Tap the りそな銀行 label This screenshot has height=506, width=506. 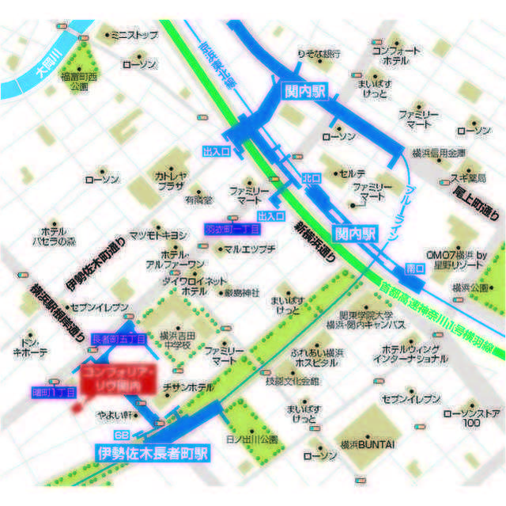pos(318,54)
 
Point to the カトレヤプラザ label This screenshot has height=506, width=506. pos(169,181)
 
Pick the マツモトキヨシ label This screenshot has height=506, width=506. pos(157,235)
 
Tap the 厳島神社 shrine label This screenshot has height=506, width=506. pos(241,292)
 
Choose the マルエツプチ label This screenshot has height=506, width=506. pos(249,249)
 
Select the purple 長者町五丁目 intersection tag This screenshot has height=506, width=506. pos(119,339)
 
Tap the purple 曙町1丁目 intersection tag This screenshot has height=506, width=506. pos(53,391)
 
